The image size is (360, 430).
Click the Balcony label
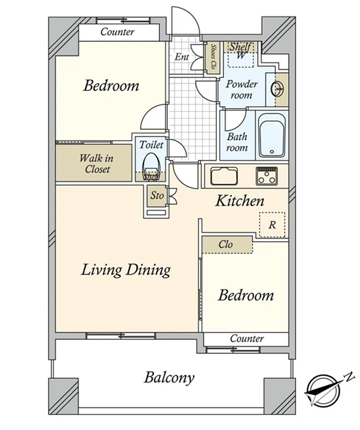pyautogui.click(x=169, y=377)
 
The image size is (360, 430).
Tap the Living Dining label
pyautogui.click(x=126, y=270)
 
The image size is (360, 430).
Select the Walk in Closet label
pyautogui.click(x=96, y=164)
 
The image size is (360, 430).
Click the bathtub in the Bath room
pyautogui.click(x=272, y=135)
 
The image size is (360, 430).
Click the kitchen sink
pyautogui.click(x=224, y=176)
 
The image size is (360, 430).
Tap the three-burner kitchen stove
pyautogui.click(x=266, y=176)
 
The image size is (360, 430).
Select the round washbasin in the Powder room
pyautogui.click(x=277, y=89)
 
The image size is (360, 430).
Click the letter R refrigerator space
pyautogui.click(x=272, y=225)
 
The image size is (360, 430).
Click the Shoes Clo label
pyautogui.click(x=213, y=57)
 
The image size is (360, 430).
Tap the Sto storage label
pyautogui.click(x=157, y=196)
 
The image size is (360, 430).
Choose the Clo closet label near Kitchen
pyautogui.click(x=225, y=244)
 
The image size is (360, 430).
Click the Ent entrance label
pyautogui.click(x=181, y=57)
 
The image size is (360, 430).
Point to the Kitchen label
pyautogui.click(x=240, y=201)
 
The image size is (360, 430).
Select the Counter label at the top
pyautogui.click(x=117, y=32)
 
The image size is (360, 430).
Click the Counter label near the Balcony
pyautogui.click(x=247, y=339)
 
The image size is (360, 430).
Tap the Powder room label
pyautogui.click(x=241, y=89)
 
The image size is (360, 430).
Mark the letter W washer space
pyautogui.click(x=240, y=56)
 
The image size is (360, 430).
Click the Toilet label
pyautogui.click(x=151, y=145)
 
